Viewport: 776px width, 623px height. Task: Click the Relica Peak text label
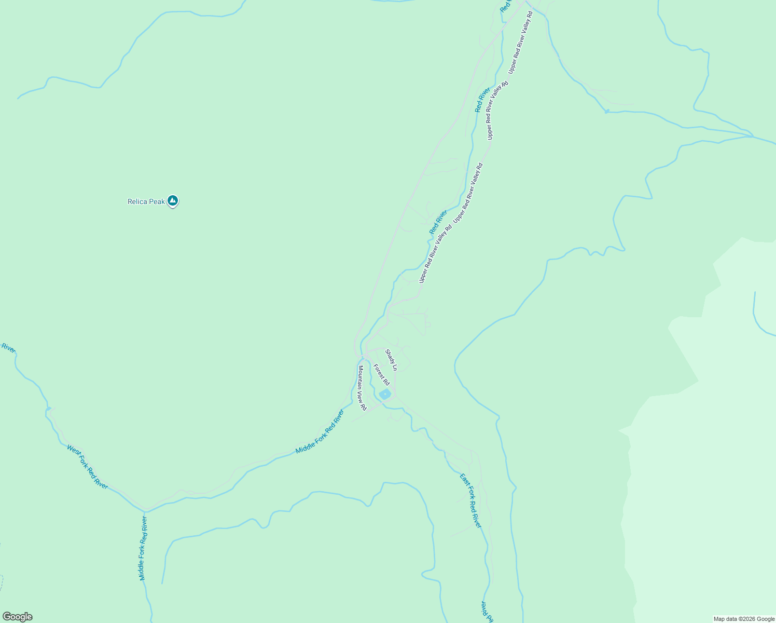coord(146,201)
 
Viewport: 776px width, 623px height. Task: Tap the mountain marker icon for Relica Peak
coord(173,201)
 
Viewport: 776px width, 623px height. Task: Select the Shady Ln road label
coord(391,360)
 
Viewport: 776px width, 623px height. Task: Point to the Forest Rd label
coord(381,374)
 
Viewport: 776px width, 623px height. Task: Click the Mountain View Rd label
coord(362,387)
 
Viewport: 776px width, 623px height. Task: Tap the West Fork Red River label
coord(87,466)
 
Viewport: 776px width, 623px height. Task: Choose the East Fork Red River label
coord(471,500)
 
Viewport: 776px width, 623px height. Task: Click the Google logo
coord(17,617)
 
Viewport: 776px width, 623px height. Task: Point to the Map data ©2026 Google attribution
coord(744,619)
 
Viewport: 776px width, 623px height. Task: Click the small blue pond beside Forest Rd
coord(385,395)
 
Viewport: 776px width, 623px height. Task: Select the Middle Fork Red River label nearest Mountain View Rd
coord(320,431)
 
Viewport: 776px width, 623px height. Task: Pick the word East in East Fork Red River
coord(464,480)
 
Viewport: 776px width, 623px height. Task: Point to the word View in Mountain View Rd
coord(362,396)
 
